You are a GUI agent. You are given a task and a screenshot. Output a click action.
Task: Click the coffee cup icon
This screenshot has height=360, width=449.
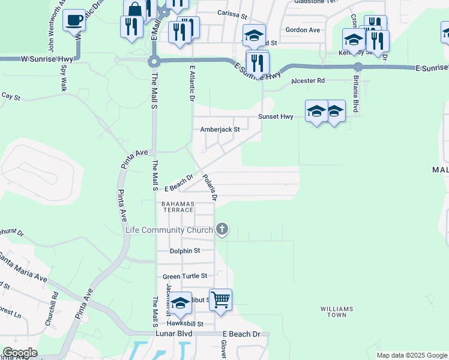coord(74,20)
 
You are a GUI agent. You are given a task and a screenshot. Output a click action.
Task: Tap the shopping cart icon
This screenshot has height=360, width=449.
coord(220,299)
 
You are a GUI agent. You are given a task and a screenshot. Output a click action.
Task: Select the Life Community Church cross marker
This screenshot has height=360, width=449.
coord(222,229)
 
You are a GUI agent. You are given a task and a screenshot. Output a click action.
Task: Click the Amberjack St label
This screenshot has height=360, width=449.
coord(220,129)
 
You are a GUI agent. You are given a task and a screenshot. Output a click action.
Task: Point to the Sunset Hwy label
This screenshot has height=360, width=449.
coord(276,116)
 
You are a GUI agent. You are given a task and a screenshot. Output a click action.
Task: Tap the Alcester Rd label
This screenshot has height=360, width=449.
coord(307,80)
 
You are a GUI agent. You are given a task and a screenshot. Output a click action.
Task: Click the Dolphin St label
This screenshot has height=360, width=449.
coord(184,251)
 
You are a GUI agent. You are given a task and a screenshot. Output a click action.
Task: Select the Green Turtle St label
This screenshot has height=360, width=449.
coord(185,276)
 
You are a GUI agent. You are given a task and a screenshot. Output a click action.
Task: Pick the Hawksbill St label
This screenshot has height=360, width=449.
coord(185,323)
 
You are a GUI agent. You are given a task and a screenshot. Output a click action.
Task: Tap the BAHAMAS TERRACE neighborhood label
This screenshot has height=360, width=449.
coord(176,208)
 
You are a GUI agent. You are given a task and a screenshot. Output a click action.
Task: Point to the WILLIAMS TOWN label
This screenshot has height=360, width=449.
coord(337,311)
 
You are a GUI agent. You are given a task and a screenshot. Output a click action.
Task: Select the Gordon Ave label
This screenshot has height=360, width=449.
coord(303,29)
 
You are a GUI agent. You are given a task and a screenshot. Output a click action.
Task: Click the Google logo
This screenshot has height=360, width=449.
coord(19,353)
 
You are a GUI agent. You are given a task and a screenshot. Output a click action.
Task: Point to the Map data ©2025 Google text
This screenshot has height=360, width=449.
coord(411,355)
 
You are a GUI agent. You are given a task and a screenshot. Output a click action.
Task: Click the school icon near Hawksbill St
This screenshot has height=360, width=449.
coord(179,304)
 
